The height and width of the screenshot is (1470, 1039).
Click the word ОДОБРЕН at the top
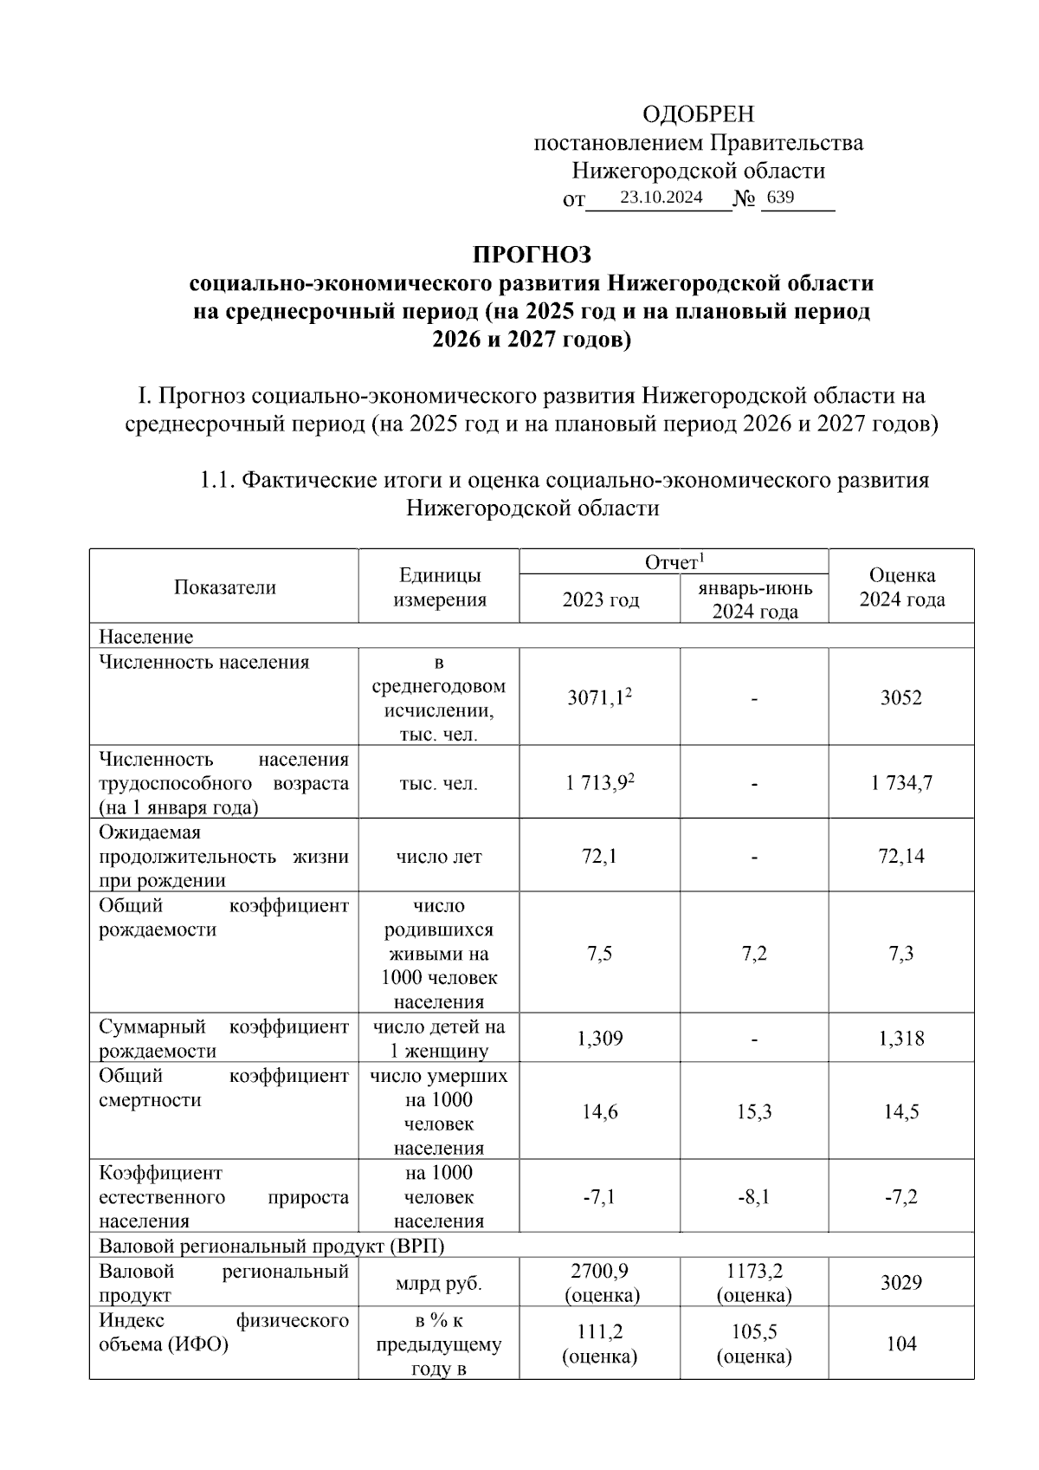(698, 114)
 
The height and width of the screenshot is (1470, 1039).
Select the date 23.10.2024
(661, 198)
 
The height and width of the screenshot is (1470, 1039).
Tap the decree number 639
(780, 198)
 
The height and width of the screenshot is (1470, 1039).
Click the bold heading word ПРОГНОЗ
(532, 255)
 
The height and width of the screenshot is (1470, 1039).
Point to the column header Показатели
(225, 587)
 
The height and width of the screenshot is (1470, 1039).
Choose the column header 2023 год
(601, 599)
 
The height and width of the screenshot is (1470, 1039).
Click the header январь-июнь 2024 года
(755, 599)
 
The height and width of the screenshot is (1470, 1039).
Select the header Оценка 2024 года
(901, 587)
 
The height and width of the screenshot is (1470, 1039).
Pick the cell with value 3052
(901, 697)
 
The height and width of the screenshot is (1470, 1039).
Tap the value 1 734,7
(901, 783)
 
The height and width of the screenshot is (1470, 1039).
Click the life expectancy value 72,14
(901, 857)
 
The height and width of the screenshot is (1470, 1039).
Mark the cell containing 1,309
(600, 1038)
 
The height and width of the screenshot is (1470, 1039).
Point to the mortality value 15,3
(754, 1112)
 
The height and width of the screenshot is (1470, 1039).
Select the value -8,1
(754, 1197)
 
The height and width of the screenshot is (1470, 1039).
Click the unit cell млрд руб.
(439, 1284)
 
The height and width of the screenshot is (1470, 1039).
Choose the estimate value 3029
(901, 1283)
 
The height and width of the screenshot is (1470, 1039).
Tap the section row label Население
(146, 637)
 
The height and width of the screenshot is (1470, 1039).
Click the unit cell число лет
(439, 857)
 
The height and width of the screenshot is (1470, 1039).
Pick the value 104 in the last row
(901, 1344)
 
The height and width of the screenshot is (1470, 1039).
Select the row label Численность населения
(204, 663)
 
